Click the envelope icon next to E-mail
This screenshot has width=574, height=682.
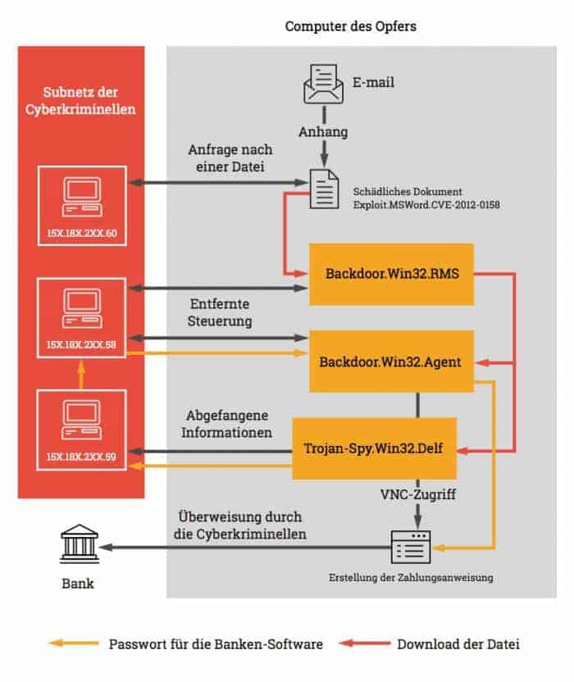pyautogui.click(x=323, y=84)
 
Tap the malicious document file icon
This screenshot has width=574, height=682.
pyautogui.click(x=324, y=189)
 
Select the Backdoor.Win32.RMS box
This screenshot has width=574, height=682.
pyautogui.click(x=392, y=274)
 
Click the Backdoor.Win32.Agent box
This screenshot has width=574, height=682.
pyautogui.click(x=392, y=361)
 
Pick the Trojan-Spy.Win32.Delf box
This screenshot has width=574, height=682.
pyautogui.click(x=374, y=448)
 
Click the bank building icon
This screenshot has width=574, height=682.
pyautogui.click(x=80, y=543)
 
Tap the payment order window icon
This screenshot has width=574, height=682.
pyautogui.click(x=411, y=547)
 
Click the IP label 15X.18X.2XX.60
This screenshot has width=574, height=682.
pyautogui.click(x=82, y=233)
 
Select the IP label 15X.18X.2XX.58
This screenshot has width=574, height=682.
pyautogui.click(x=81, y=345)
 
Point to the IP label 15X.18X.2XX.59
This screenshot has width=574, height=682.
pyautogui.click(x=81, y=457)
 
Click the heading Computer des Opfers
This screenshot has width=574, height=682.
pyautogui.click(x=351, y=26)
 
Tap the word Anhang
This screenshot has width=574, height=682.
pyautogui.click(x=323, y=131)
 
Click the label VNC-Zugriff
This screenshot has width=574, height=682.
pyautogui.click(x=418, y=494)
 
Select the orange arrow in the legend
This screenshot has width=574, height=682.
pyautogui.click(x=74, y=643)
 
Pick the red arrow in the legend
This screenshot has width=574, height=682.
pyautogui.click(x=365, y=643)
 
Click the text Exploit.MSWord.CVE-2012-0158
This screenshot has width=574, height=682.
pyautogui.click(x=426, y=205)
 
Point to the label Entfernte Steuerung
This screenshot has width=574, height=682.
pyautogui.click(x=220, y=312)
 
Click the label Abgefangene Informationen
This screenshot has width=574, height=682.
pyautogui.click(x=226, y=424)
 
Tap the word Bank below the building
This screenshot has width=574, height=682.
pyautogui.click(x=78, y=584)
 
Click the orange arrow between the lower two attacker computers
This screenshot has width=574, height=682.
pyautogui.click(x=81, y=375)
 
